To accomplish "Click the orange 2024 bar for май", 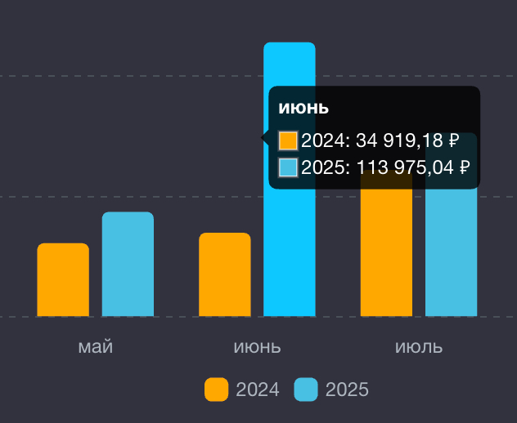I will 63,279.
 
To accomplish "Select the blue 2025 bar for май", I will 128,264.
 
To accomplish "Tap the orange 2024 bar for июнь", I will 225,274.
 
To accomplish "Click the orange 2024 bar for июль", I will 386,253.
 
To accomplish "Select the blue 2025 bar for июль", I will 451,253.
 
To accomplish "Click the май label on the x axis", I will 96,346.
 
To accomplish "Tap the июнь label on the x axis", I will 257,346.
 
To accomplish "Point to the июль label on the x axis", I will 419,346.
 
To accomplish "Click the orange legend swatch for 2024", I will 216,390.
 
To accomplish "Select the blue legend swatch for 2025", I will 306,390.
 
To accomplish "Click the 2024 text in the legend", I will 258,390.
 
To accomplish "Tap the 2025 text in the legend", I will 348,390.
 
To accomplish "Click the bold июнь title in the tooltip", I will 303,108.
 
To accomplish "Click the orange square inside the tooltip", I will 288,140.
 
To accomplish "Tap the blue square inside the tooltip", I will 288,167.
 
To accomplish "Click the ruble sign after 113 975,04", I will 465,167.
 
